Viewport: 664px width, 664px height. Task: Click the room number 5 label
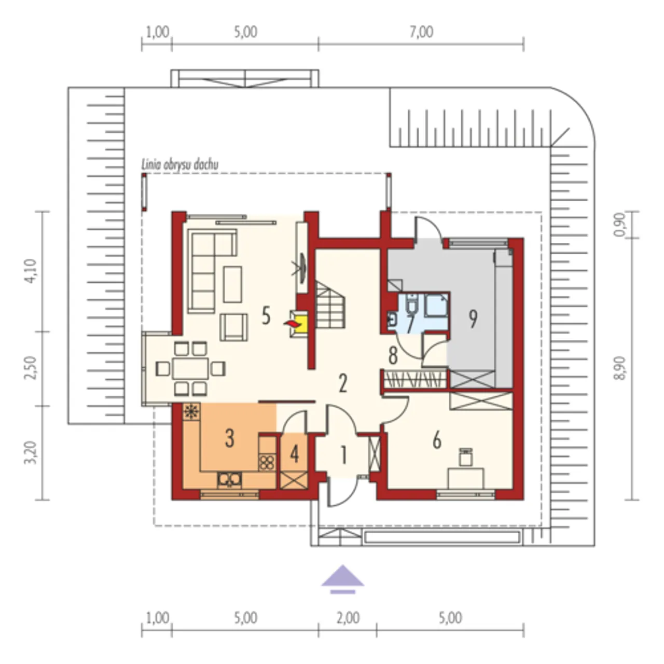click(266, 315)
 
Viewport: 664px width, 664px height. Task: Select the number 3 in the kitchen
click(229, 439)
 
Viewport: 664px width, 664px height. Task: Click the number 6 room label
click(437, 440)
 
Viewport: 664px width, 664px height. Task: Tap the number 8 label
click(393, 356)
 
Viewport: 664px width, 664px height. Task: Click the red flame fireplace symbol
click(292, 324)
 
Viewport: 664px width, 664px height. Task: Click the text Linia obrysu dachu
click(180, 165)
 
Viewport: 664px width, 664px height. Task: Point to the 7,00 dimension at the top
click(421, 32)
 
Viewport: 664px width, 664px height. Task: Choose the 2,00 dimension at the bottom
click(348, 618)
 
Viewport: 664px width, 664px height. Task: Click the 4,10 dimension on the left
click(31, 271)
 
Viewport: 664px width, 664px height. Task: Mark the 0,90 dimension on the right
click(619, 224)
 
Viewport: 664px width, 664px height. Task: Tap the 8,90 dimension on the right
click(619, 368)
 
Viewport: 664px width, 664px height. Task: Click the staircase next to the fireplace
click(330, 305)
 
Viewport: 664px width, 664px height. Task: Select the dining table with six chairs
click(190, 368)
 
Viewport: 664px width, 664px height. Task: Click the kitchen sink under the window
click(229, 480)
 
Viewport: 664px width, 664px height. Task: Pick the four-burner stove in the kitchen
click(267, 462)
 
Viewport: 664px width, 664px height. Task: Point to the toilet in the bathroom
click(411, 303)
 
